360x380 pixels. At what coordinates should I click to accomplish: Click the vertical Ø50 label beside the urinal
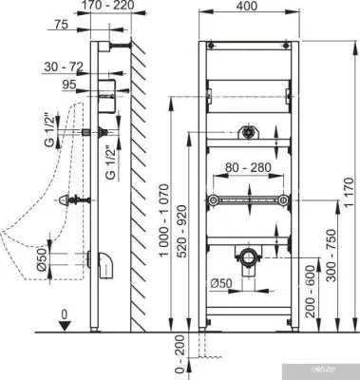42,258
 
